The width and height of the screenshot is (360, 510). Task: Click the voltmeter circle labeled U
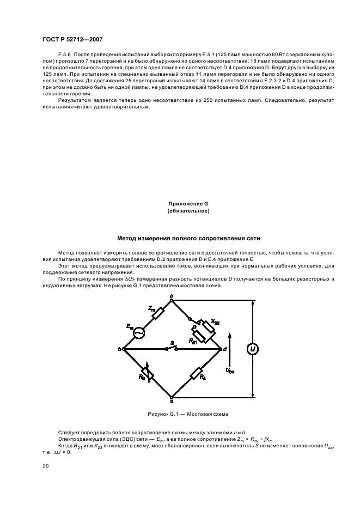[253, 349]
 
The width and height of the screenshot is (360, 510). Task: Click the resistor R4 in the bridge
[197, 374]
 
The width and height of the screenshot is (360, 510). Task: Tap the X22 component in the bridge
[203, 325]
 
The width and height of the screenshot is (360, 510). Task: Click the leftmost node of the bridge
[121, 348]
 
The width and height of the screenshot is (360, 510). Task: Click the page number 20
[45, 466]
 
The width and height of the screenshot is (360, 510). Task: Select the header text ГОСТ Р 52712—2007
[72, 39]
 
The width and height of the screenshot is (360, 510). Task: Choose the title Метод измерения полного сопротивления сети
[188, 238]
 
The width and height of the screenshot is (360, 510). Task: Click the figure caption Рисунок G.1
[188, 414]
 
